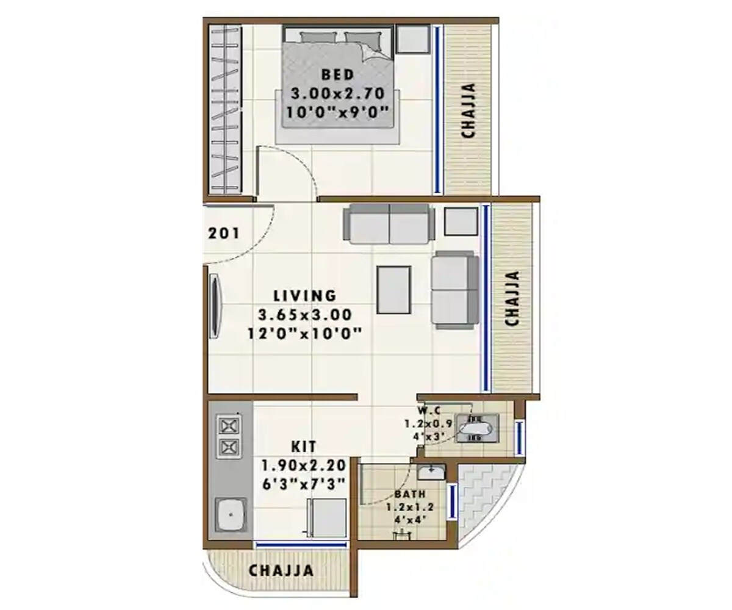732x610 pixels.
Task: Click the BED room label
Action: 337,75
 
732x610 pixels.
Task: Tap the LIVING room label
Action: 304,296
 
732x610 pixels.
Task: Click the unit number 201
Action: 224,232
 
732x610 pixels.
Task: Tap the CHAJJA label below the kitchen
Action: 281,571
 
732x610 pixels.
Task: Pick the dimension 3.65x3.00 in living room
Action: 304,315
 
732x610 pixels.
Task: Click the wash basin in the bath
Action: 431,472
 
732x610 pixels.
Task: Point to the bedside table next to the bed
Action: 412,39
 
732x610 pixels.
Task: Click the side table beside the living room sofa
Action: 461,222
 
